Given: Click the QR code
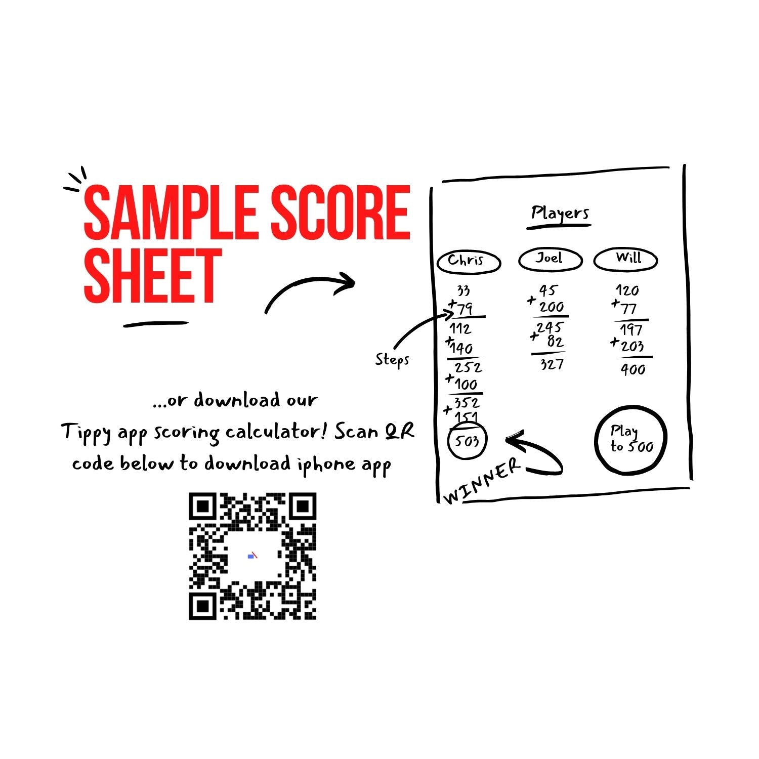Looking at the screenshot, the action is coord(252,556).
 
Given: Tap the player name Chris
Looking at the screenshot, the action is coord(466,260).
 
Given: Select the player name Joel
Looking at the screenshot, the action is coord(549,258).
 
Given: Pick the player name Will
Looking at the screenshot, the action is coord(628,258).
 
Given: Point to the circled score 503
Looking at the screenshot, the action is coord(467,441).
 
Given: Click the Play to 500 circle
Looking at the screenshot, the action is coord(631,439).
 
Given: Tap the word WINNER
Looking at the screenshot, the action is coord(482,481).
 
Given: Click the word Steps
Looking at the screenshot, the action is coord(392,360).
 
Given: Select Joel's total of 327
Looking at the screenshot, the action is coord(552,364).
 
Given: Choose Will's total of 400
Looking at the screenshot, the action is coord(633,369).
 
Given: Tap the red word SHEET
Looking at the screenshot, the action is coord(153,276).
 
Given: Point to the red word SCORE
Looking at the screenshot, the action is coord(341,212).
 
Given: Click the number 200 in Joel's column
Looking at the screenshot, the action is coord(552,307).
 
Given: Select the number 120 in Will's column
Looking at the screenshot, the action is coord(627,290).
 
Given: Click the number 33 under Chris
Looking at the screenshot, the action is coord(463,291).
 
